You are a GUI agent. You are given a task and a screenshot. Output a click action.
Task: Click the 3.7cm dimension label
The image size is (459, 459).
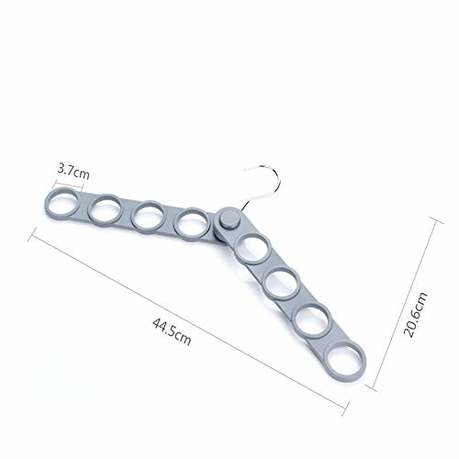[x=73, y=172]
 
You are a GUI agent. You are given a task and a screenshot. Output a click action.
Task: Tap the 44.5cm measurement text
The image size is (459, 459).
[x=172, y=331]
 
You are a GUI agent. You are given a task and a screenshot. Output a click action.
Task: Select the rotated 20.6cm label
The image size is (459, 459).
[x=415, y=315]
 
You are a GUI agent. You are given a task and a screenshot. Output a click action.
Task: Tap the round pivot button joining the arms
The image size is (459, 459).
[x=229, y=218]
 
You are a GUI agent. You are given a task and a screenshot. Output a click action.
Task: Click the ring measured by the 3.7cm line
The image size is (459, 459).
[x=47, y=204]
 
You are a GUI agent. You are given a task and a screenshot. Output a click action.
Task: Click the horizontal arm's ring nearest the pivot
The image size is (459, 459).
[x=176, y=223]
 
